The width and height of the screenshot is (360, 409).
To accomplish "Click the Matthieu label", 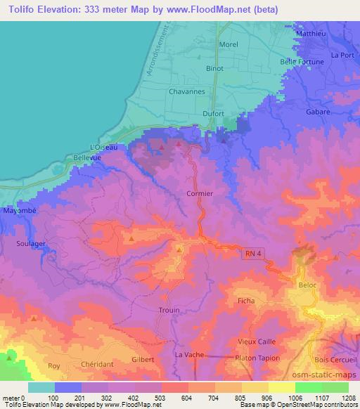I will [312, 33].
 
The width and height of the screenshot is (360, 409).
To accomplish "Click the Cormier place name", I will [200, 193].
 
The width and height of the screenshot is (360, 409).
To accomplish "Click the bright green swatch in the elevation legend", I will [309, 387].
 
